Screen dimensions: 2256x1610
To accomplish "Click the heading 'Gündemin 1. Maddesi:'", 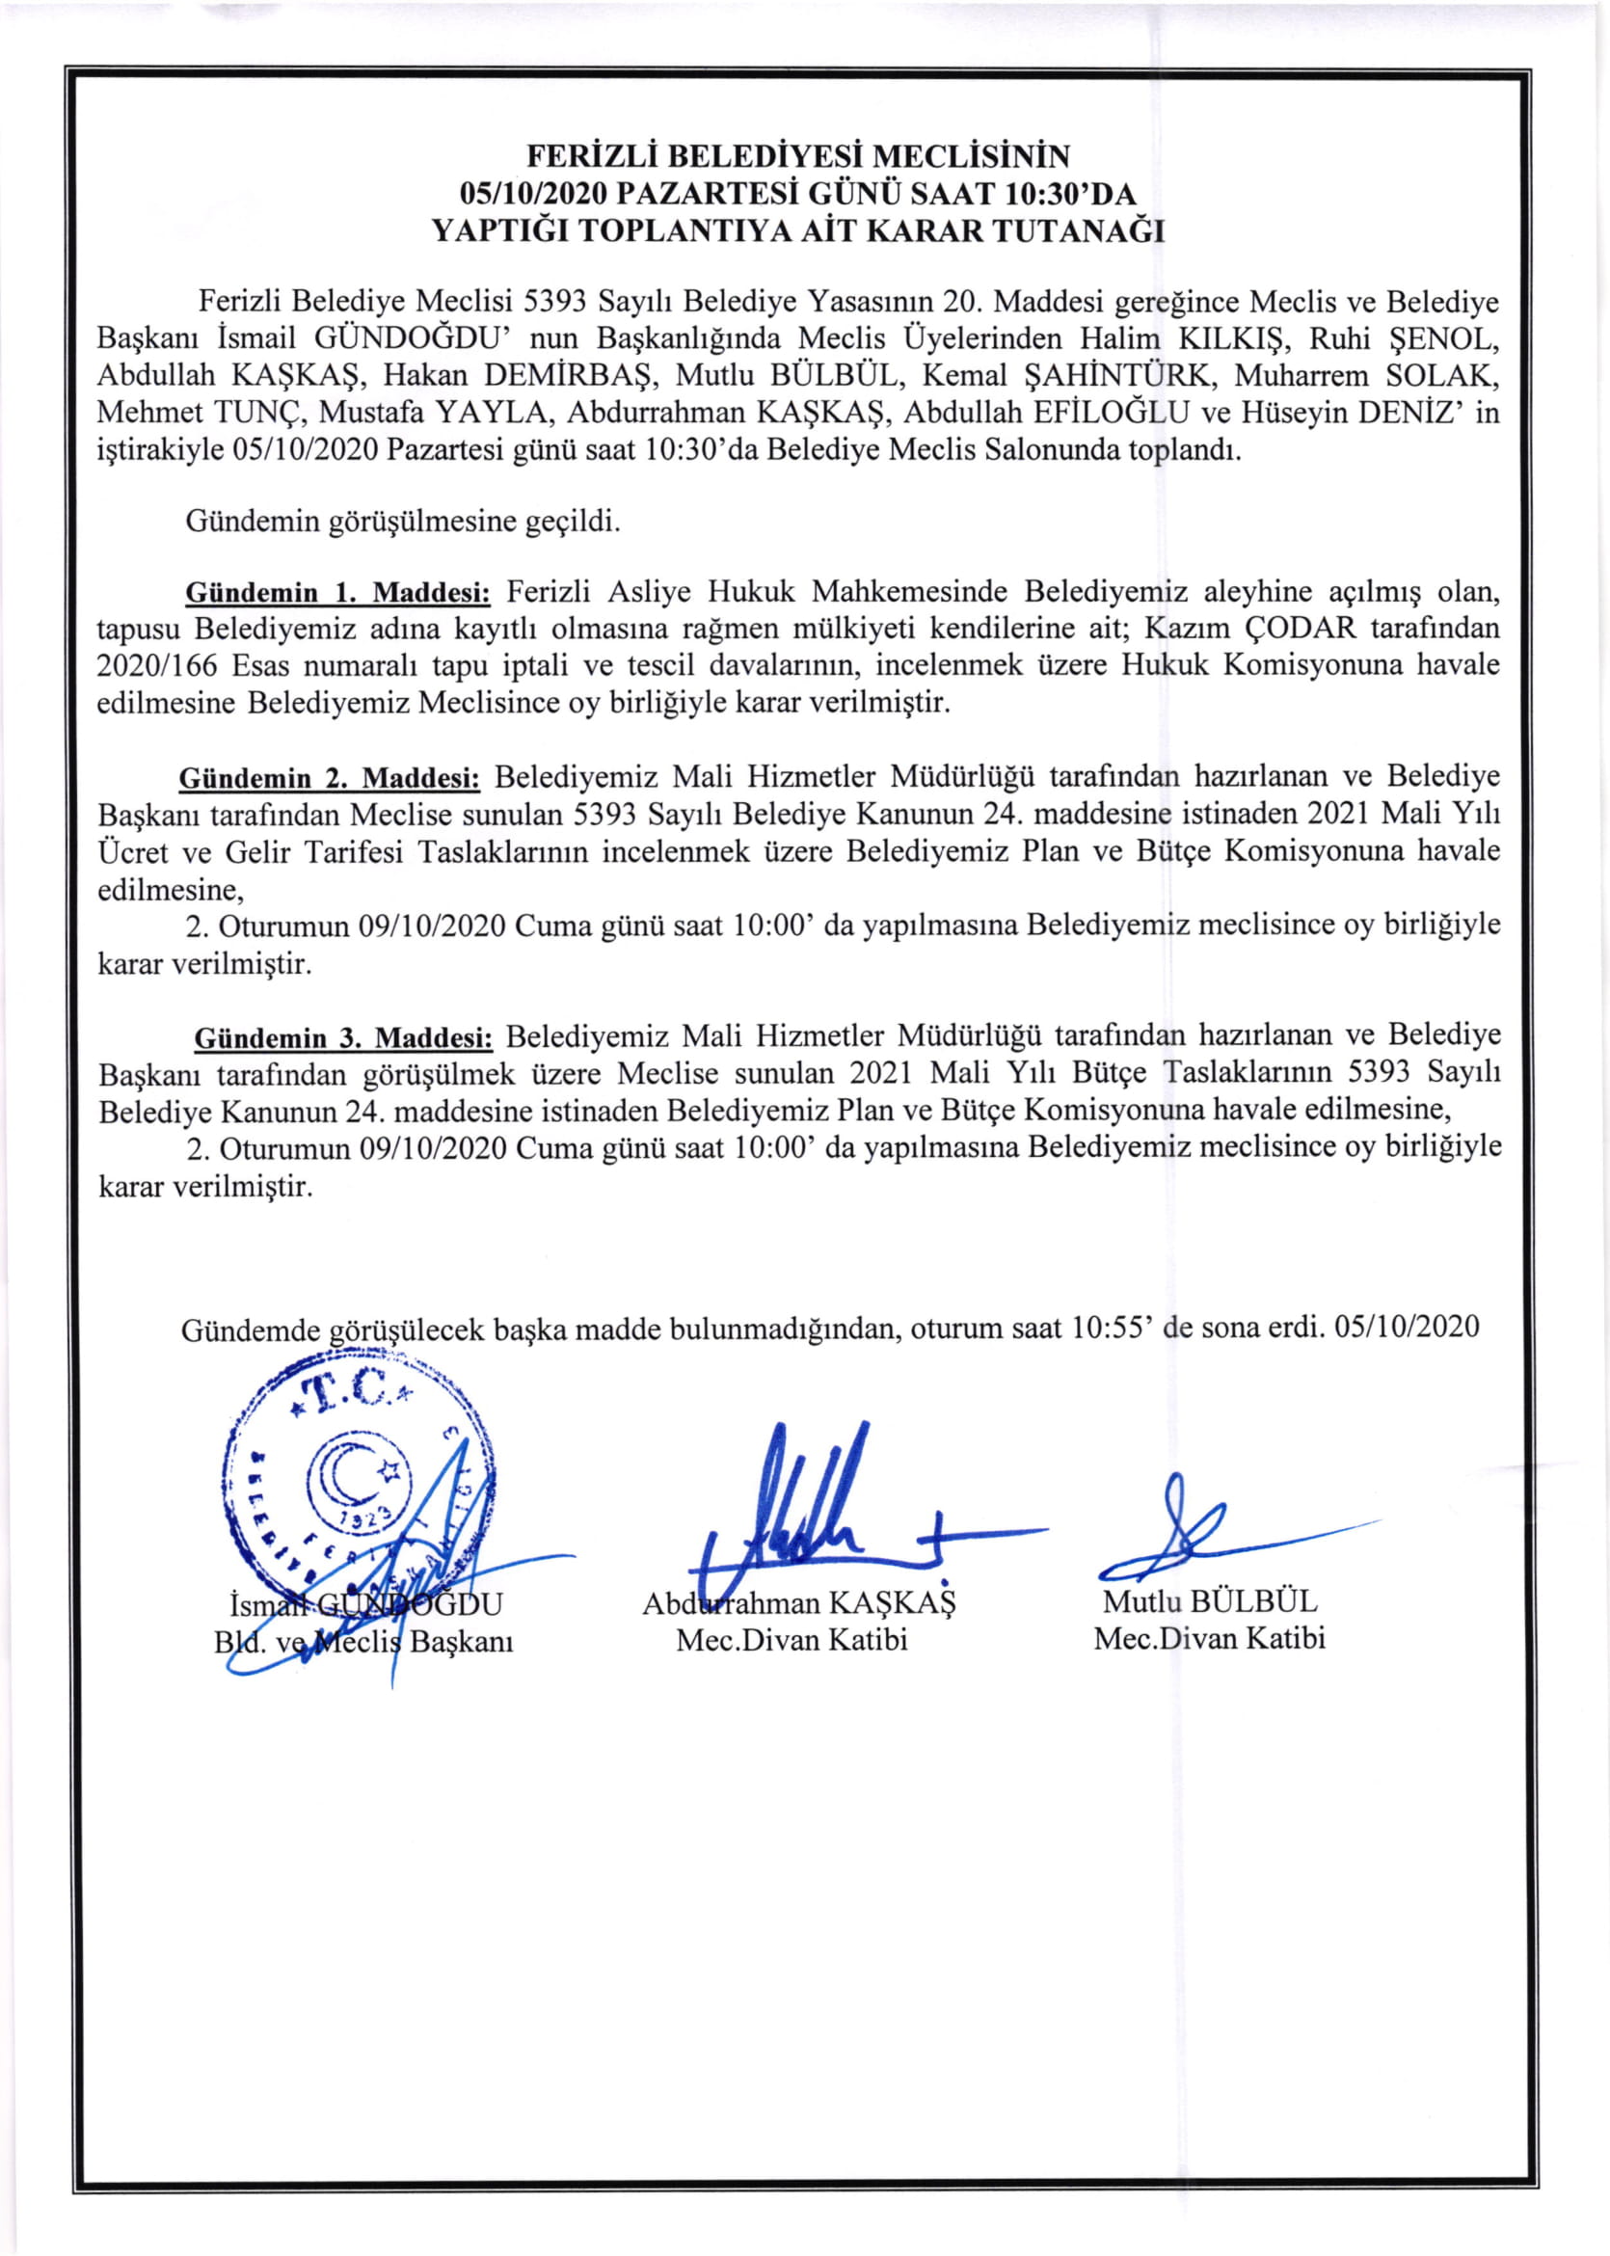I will [338, 593].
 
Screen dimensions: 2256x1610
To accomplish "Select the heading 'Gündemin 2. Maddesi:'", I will [329, 777].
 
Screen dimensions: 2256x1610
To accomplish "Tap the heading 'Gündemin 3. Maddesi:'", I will [343, 1037].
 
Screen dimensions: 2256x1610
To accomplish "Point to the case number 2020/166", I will [158, 665].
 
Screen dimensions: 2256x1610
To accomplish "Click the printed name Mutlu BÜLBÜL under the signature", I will [1211, 1600].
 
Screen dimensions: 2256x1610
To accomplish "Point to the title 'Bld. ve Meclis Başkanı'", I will [362, 1643].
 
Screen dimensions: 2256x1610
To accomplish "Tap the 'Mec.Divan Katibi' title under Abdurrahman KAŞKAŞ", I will [792, 1641].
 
